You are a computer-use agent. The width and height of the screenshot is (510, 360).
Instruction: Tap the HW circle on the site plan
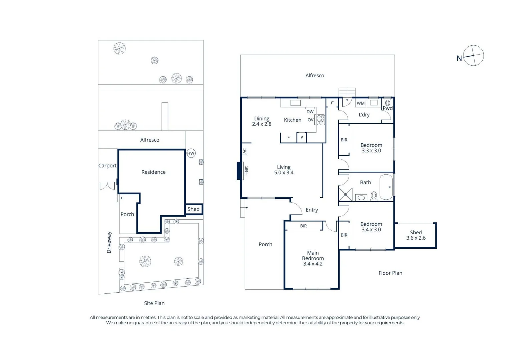point(191,153)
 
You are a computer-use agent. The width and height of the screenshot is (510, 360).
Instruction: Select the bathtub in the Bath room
point(386,187)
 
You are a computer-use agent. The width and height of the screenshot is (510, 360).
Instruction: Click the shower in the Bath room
point(345,195)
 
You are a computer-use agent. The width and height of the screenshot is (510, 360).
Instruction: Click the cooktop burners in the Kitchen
point(321,120)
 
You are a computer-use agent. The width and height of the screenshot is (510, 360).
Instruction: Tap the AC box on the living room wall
point(244,151)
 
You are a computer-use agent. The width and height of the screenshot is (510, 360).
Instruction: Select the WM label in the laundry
point(361,103)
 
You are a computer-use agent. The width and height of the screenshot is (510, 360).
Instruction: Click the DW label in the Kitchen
point(310,112)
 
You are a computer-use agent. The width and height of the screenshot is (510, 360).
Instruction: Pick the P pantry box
point(302,137)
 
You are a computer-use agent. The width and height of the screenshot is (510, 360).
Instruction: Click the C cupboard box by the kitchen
point(332,103)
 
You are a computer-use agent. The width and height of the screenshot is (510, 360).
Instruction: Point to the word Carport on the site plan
point(107,166)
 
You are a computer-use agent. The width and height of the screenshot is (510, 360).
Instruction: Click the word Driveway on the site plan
point(109,242)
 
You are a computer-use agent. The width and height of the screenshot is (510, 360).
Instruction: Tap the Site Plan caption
point(154,303)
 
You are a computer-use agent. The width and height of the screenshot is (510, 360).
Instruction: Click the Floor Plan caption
point(390,273)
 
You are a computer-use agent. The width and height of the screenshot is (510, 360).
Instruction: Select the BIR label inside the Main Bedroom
point(304,226)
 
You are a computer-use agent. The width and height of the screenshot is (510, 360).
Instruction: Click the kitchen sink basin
point(295,103)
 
